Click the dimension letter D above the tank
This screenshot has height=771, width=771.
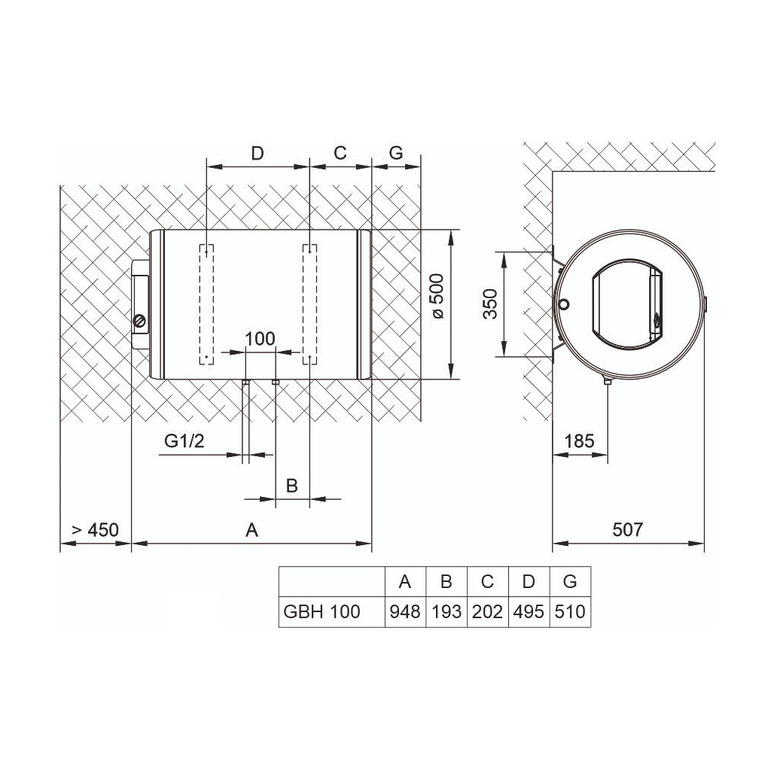258,154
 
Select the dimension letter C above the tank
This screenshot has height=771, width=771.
340,154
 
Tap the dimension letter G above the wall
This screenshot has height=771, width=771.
396,154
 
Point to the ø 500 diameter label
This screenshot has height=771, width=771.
437,296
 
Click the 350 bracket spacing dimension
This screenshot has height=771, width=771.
490,304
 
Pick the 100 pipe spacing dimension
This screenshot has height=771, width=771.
260,339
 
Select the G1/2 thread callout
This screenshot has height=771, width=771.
184,441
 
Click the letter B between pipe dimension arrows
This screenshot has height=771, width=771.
291,486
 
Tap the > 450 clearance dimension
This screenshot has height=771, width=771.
96,529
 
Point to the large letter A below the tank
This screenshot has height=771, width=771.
251,529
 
